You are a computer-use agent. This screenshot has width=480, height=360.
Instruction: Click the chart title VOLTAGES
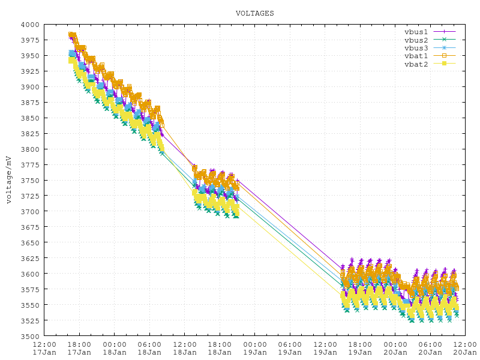pyautogui.click(x=254, y=13)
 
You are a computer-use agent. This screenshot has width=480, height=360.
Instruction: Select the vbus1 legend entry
pyautogui.click(x=416, y=31)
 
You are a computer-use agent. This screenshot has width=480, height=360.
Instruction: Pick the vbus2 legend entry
pyautogui.click(x=416, y=40)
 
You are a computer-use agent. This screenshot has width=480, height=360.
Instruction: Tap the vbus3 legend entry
pyautogui.click(x=416, y=47)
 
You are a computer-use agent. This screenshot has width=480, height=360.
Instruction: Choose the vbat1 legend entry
pyautogui.click(x=416, y=56)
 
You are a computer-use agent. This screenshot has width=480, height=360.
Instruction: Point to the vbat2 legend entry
pyautogui.click(x=416, y=64)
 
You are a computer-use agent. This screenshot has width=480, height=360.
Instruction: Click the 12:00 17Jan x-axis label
pyautogui.click(x=44, y=349)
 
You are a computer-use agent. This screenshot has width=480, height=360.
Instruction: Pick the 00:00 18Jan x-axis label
pyautogui.click(x=115, y=349)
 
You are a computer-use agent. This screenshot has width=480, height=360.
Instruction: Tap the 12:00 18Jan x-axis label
pyautogui.click(x=185, y=349)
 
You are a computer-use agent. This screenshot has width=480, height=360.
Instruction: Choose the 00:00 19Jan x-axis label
pyautogui.click(x=255, y=349)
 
